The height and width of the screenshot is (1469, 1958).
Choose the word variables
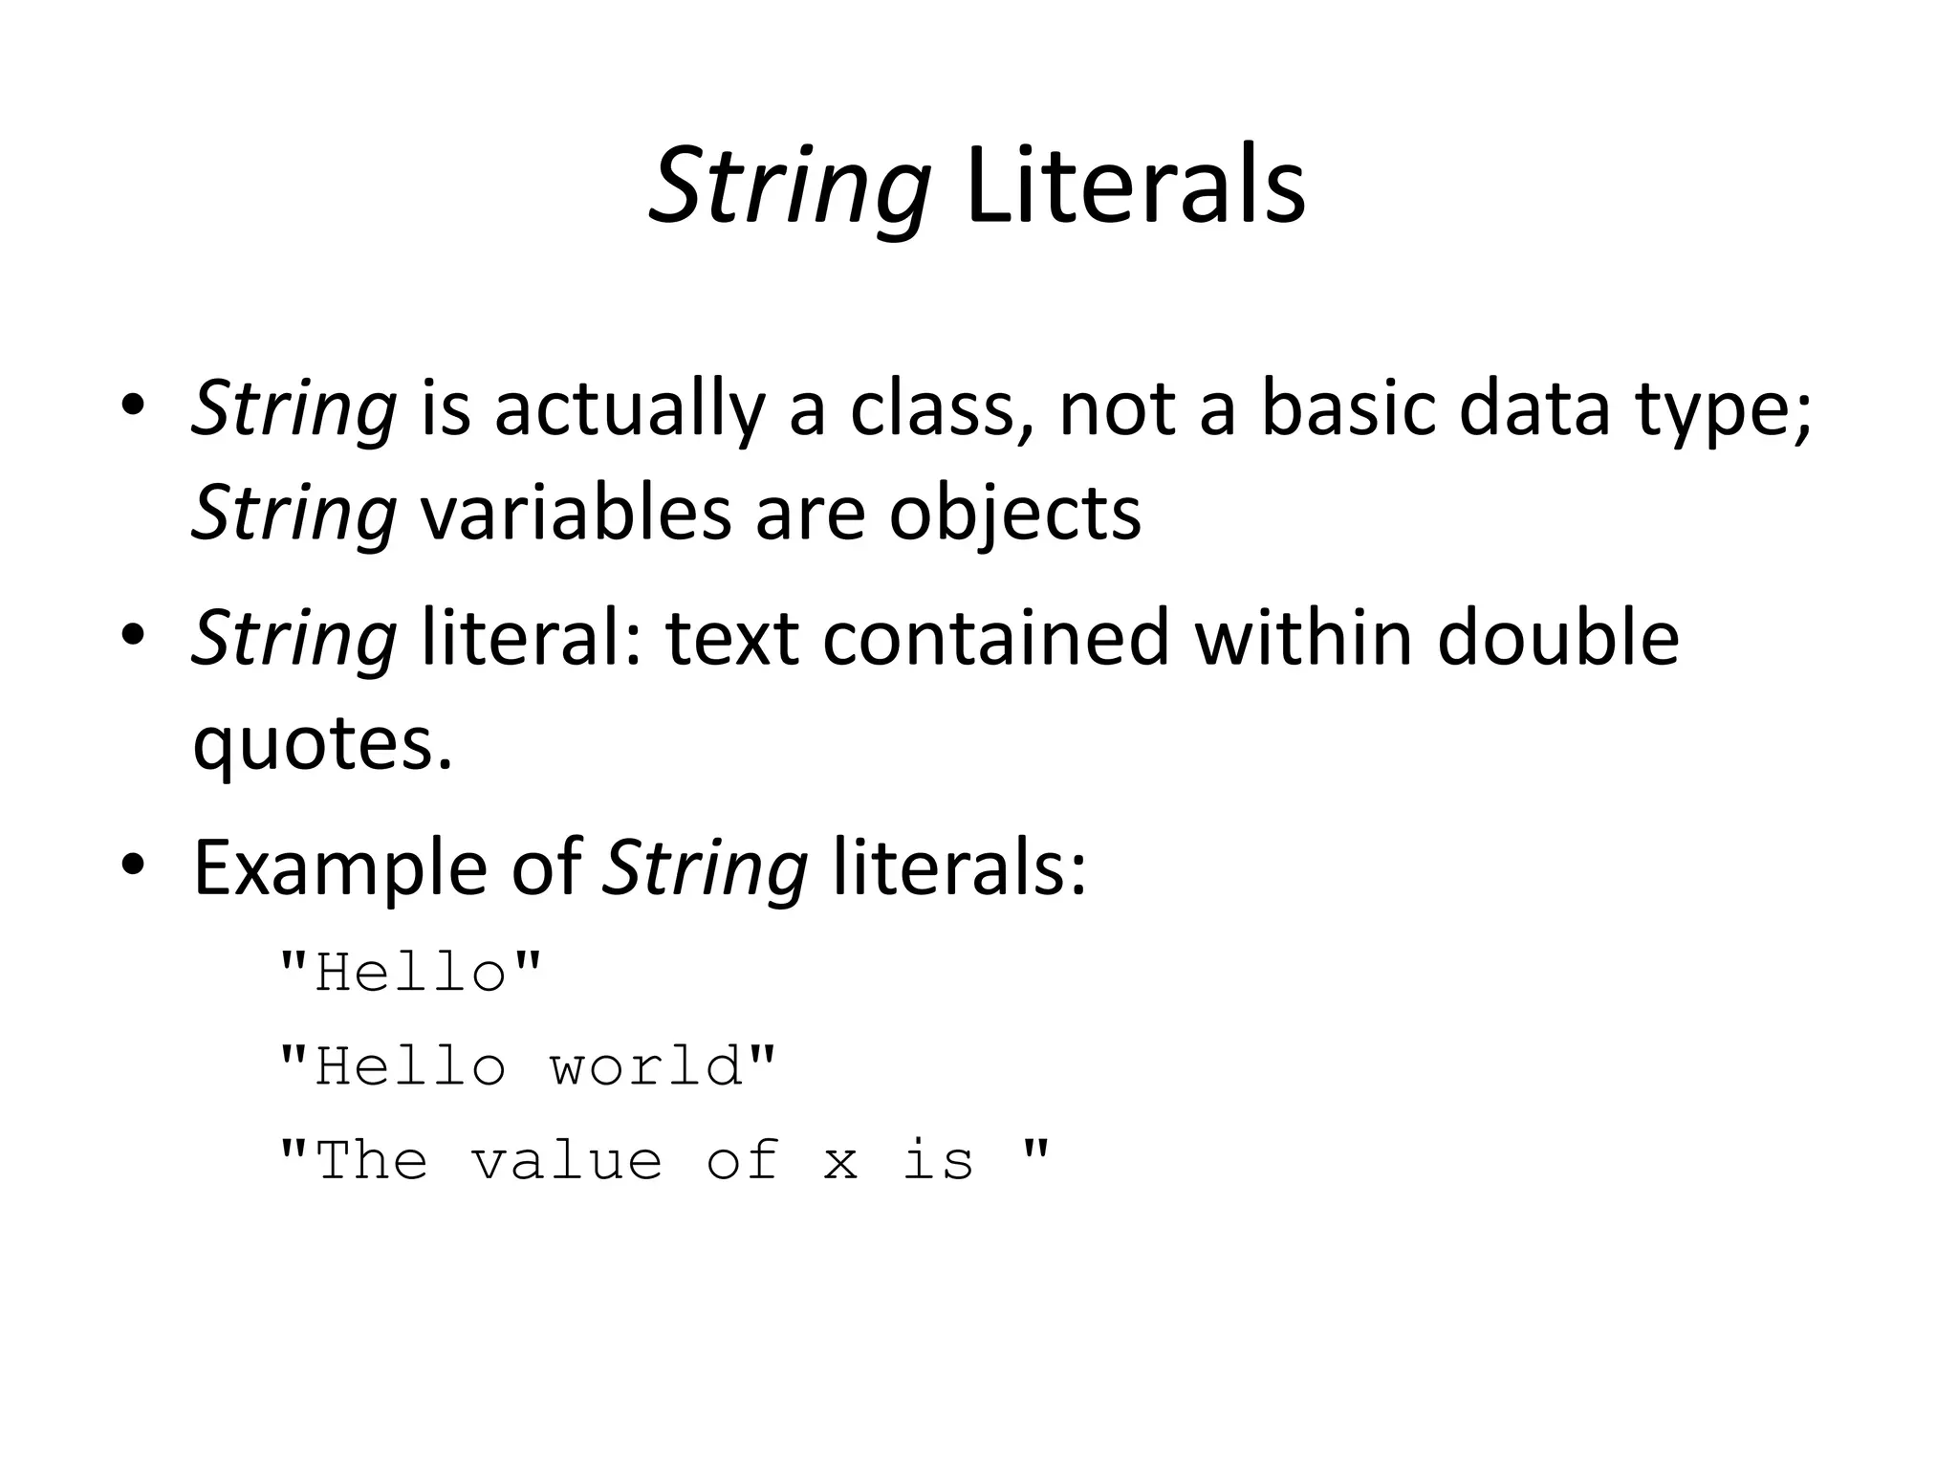tap(575, 513)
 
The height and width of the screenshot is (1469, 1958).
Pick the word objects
tap(1015, 513)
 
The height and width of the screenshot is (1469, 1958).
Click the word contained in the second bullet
tap(995, 638)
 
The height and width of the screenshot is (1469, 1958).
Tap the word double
tap(1558, 638)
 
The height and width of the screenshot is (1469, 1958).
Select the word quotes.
tap(321, 743)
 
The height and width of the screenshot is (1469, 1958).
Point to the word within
tap(1304, 638)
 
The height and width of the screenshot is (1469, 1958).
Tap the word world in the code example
tap(646, 1066)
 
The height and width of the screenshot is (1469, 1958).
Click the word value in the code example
tap(567, 1160)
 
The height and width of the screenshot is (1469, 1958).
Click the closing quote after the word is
tap(1035, 1146)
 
